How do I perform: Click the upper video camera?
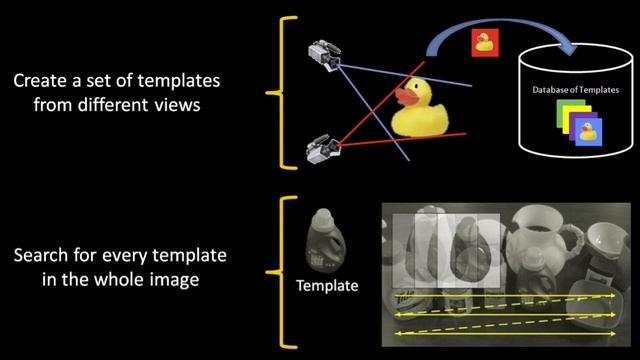(324, 56)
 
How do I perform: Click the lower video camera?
(323, 149)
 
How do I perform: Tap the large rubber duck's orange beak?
(407, 96)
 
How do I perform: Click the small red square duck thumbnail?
(485, 42)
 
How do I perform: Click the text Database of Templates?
(576, 90)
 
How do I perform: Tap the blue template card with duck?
(589, 132)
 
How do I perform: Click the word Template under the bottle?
(327, 286)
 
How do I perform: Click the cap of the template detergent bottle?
(322, 216)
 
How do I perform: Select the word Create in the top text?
(41, 80)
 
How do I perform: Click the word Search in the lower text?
(42, 256)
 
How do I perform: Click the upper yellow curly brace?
(282, 93)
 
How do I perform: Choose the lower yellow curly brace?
(282, 272)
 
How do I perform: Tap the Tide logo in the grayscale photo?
(404, 300)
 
